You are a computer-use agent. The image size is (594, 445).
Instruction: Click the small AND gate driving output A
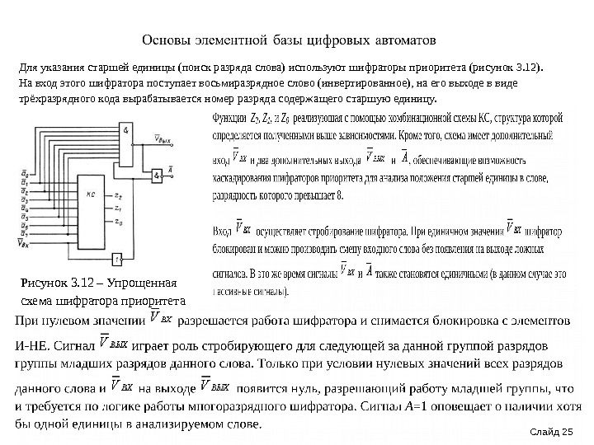tap(156, 176)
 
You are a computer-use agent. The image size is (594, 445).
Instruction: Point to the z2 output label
tap(120, 196)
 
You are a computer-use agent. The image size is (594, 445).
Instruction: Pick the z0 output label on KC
tap(120, 222)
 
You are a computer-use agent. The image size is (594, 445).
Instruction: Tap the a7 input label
tap(24, 235)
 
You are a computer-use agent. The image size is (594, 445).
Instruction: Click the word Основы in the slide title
tap(165, 40)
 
